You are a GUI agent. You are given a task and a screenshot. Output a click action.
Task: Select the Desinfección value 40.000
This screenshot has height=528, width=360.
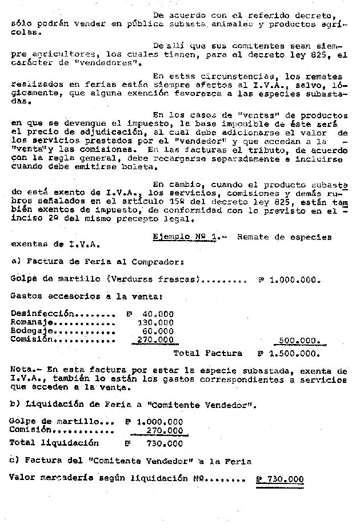158,314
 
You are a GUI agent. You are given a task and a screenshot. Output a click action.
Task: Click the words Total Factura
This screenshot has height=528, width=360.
207,353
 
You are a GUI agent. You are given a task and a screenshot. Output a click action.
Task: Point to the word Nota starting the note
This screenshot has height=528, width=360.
21,371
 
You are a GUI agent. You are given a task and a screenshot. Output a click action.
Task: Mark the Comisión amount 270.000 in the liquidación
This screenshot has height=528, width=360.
163,430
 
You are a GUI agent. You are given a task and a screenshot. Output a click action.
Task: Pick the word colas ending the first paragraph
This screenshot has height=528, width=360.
24,33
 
